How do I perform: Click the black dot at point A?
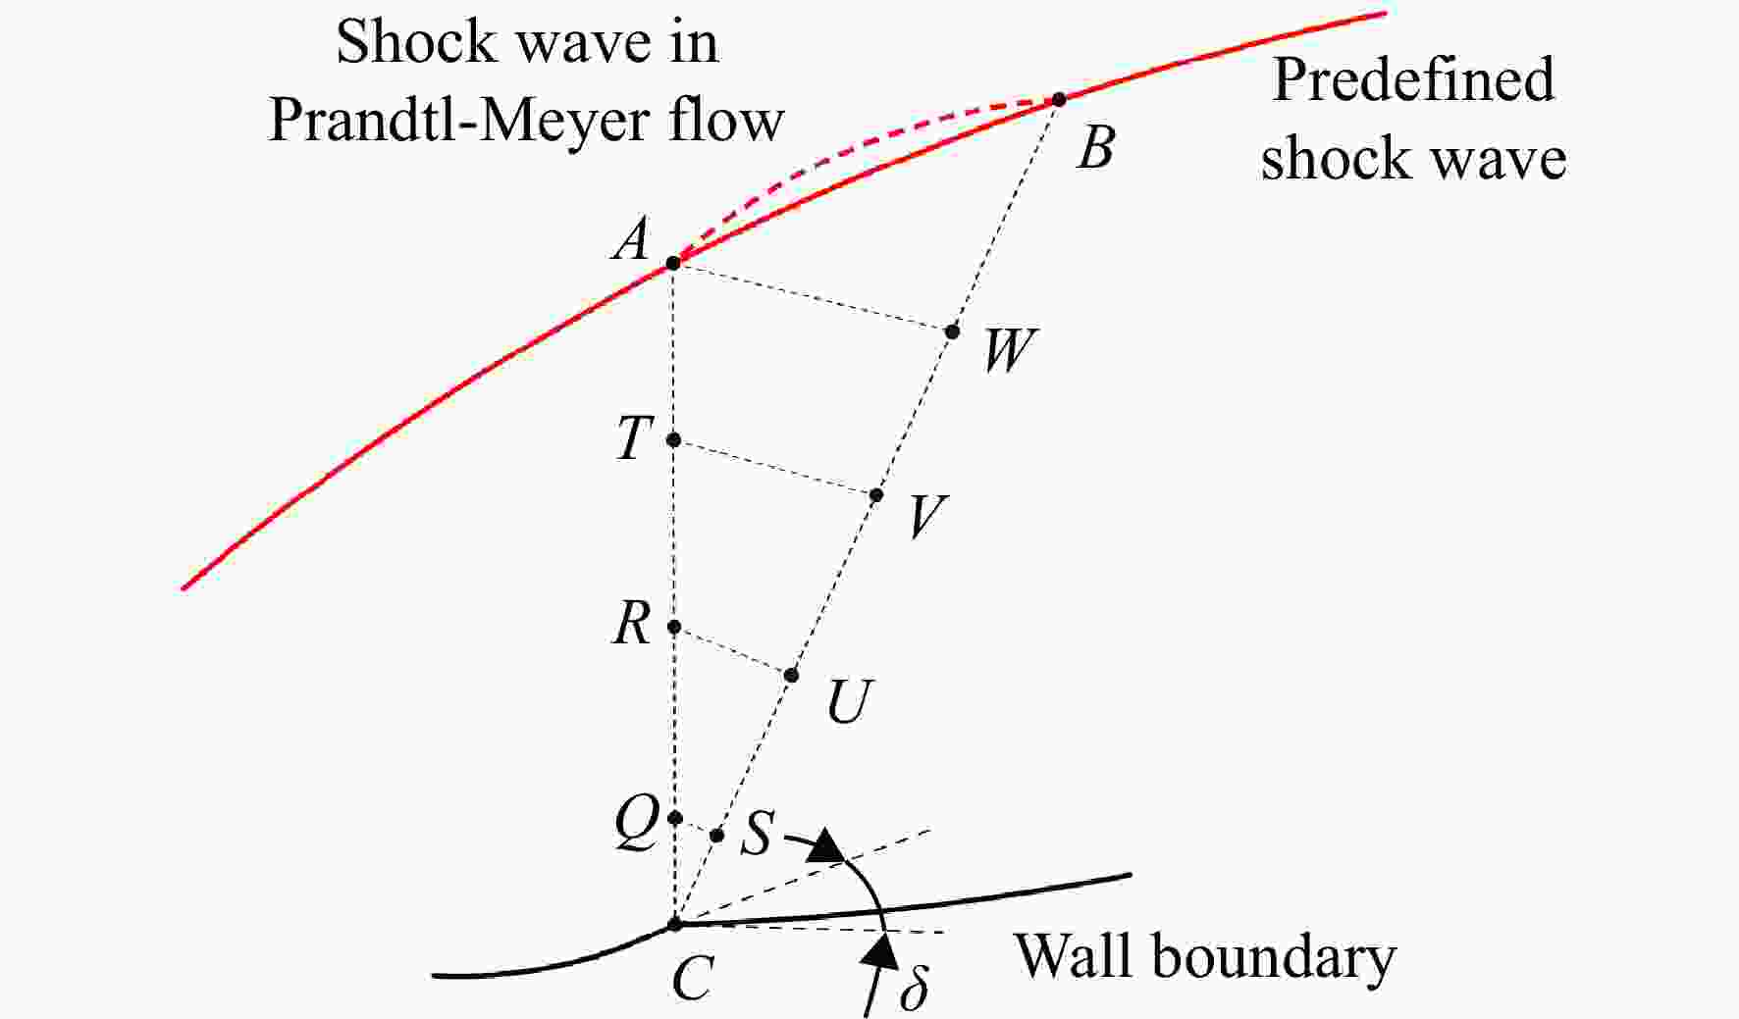(673, 263)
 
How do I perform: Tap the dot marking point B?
(1058, 99)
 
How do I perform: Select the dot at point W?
(952, 331)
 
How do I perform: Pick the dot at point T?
(673, 439)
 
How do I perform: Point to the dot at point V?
(876, 495)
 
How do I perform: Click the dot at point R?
(673, 627)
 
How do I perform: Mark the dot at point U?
(791, 675)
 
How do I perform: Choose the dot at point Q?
(674, 817)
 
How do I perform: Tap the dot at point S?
(716, 836)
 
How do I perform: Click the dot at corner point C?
(674, 924)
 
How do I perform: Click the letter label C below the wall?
(693, 978)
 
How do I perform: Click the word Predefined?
(1413, 80)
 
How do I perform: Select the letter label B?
(1096, 149)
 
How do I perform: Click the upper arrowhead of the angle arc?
(826, 845)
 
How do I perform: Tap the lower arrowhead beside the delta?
(884, 949)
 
